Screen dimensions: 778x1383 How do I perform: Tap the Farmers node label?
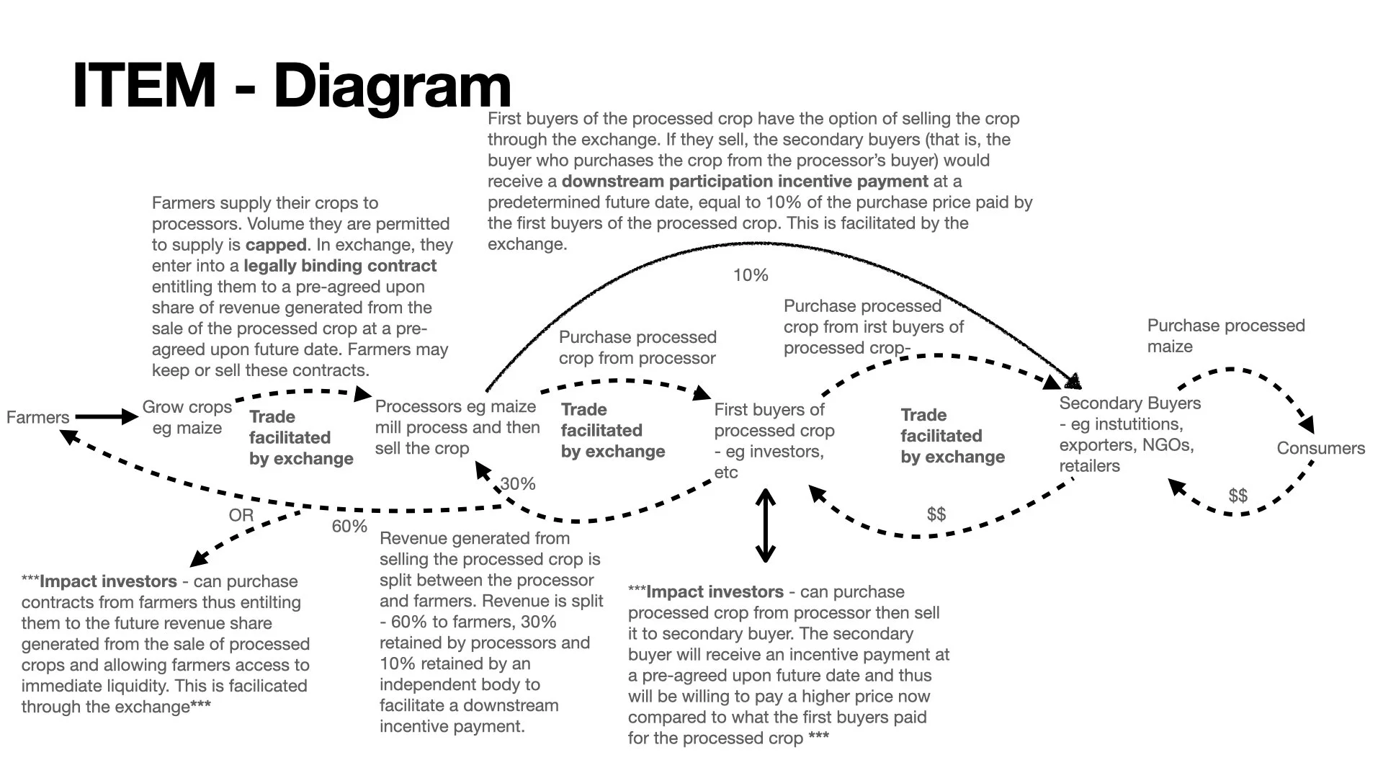37,417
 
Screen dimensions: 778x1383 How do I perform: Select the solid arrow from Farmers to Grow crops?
106,416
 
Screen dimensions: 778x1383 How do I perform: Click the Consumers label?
1320,448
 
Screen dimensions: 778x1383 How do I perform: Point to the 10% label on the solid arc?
751,275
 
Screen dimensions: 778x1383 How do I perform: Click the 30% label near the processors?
518,484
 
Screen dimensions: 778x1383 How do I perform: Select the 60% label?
349,527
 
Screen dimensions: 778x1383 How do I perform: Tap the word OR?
241,515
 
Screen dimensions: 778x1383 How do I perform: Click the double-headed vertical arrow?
765,525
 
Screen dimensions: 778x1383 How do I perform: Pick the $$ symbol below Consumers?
1237,496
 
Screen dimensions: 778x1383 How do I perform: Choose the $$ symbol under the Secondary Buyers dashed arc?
936,514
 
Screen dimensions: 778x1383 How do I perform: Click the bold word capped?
276,245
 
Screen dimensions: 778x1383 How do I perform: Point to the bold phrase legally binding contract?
340,266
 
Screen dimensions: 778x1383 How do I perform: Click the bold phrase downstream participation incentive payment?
745,182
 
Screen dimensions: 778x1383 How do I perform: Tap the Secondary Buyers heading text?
1129,403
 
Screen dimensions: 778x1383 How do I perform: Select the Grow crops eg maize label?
187,417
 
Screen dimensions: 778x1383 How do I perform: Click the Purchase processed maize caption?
1225,336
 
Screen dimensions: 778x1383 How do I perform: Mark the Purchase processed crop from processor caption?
637,347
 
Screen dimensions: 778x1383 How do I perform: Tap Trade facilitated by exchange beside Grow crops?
300,437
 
